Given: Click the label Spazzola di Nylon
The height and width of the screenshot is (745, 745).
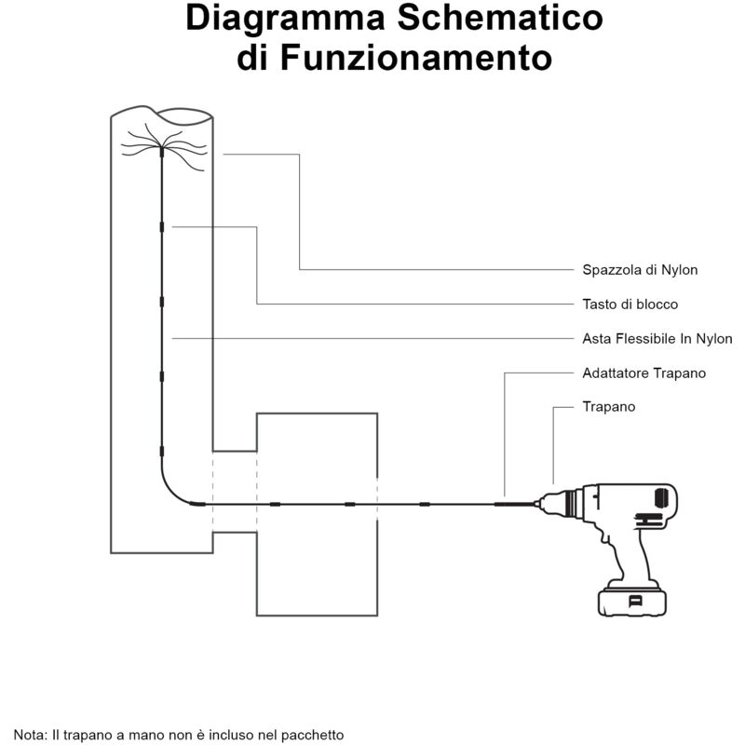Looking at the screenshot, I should [640, 270].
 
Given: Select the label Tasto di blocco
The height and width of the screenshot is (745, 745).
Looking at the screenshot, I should [630, 305].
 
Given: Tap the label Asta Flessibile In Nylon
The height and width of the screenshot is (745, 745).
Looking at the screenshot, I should [657, 339].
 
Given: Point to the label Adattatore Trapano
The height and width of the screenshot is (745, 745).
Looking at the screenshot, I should [643, 373].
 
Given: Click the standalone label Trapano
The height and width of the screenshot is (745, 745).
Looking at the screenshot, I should [608, 407].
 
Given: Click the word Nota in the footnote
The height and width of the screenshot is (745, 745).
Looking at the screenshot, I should [30, 735].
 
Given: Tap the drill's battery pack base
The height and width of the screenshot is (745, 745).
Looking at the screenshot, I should [633, 600].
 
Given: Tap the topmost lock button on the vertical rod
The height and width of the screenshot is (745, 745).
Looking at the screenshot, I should [161, 226].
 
